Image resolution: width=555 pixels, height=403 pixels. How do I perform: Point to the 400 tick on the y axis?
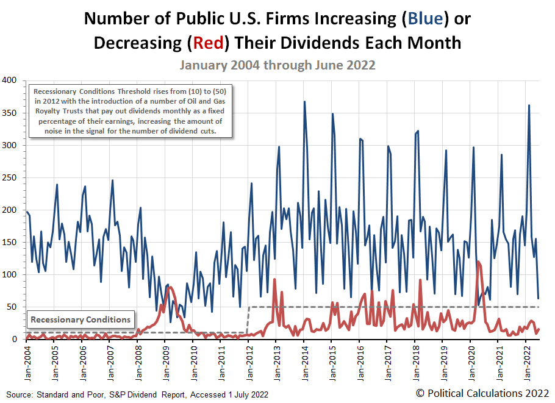click(x=9, y=80)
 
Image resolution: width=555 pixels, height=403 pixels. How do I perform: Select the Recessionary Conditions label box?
click(x=81, y=319)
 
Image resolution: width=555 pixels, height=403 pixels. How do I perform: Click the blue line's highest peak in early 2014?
click(x=304, y=102)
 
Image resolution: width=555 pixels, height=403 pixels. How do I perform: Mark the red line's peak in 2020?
click(x=478, y=262)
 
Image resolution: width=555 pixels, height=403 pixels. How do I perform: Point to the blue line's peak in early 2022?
click(x=529, y=105)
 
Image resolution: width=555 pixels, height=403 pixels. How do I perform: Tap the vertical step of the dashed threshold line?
click(x=248, y=319)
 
